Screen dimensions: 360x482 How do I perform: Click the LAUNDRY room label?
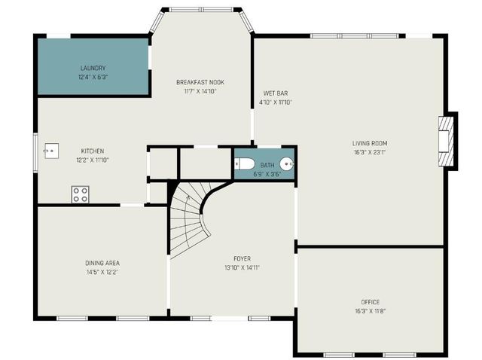pyautogui.click(x=93, y=67)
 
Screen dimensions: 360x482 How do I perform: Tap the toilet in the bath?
pyautogui.click(x=246, y=164)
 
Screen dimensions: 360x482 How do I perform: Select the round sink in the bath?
pyautogui.click(x=286, y=164)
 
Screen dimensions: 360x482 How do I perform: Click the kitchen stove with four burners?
pyautogui.click(x=80, y=194)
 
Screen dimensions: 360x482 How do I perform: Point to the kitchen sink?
pyautogui.click(x=50, y=151)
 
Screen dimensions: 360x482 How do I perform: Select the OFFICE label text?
pyautogui.click(x=370, y=302)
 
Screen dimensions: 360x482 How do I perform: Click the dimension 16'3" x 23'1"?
pyautogui.click(x=369, y=152)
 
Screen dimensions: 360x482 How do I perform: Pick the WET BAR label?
pyautogui.click(x=275, y=93)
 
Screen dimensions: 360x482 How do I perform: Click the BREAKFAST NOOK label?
pyautogui.click(x=200, y=82)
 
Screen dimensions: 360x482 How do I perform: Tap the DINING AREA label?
pyautogui.click(x=102, y=263)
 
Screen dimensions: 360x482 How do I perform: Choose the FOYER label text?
pyautogui.click(x=242, y=258)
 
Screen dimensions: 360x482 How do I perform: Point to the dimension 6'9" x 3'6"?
pyautogui.click(x=267, y=174)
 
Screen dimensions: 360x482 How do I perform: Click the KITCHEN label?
pyautogui.click(x=93, y=151)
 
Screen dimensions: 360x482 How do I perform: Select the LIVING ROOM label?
pyautogui.click(x=369, y=143)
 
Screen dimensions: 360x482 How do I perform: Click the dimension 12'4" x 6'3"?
pyautogui.click(x=93, y=77)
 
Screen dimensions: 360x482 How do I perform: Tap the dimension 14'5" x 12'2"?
pyautogui.click(x=102, y=272)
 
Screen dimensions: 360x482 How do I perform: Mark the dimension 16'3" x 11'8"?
pyautogui.click(x=370, y=311)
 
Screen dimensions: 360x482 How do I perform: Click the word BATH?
pyautogui.click(x=267, y=165)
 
